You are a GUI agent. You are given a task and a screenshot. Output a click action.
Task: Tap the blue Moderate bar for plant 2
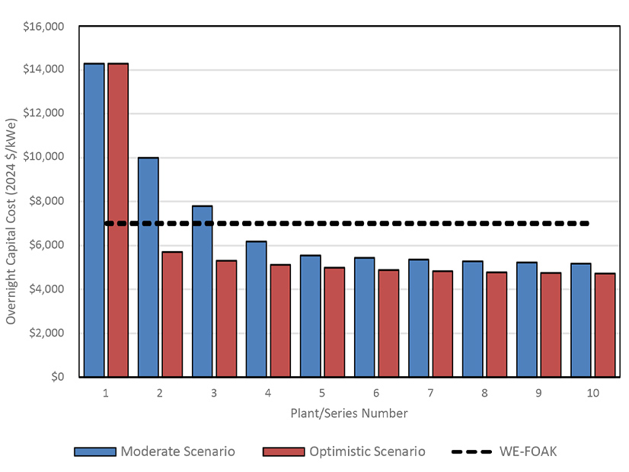point(148,267)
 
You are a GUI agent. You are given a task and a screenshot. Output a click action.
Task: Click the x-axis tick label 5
point(322,393)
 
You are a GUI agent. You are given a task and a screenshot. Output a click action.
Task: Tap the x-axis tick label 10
point(592,393)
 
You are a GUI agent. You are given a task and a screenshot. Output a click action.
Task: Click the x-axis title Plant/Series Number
point(349,413)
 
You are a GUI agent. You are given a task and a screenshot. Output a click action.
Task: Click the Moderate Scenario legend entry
point(155,451)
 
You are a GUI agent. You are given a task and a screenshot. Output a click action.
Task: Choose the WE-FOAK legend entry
point(503,451)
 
